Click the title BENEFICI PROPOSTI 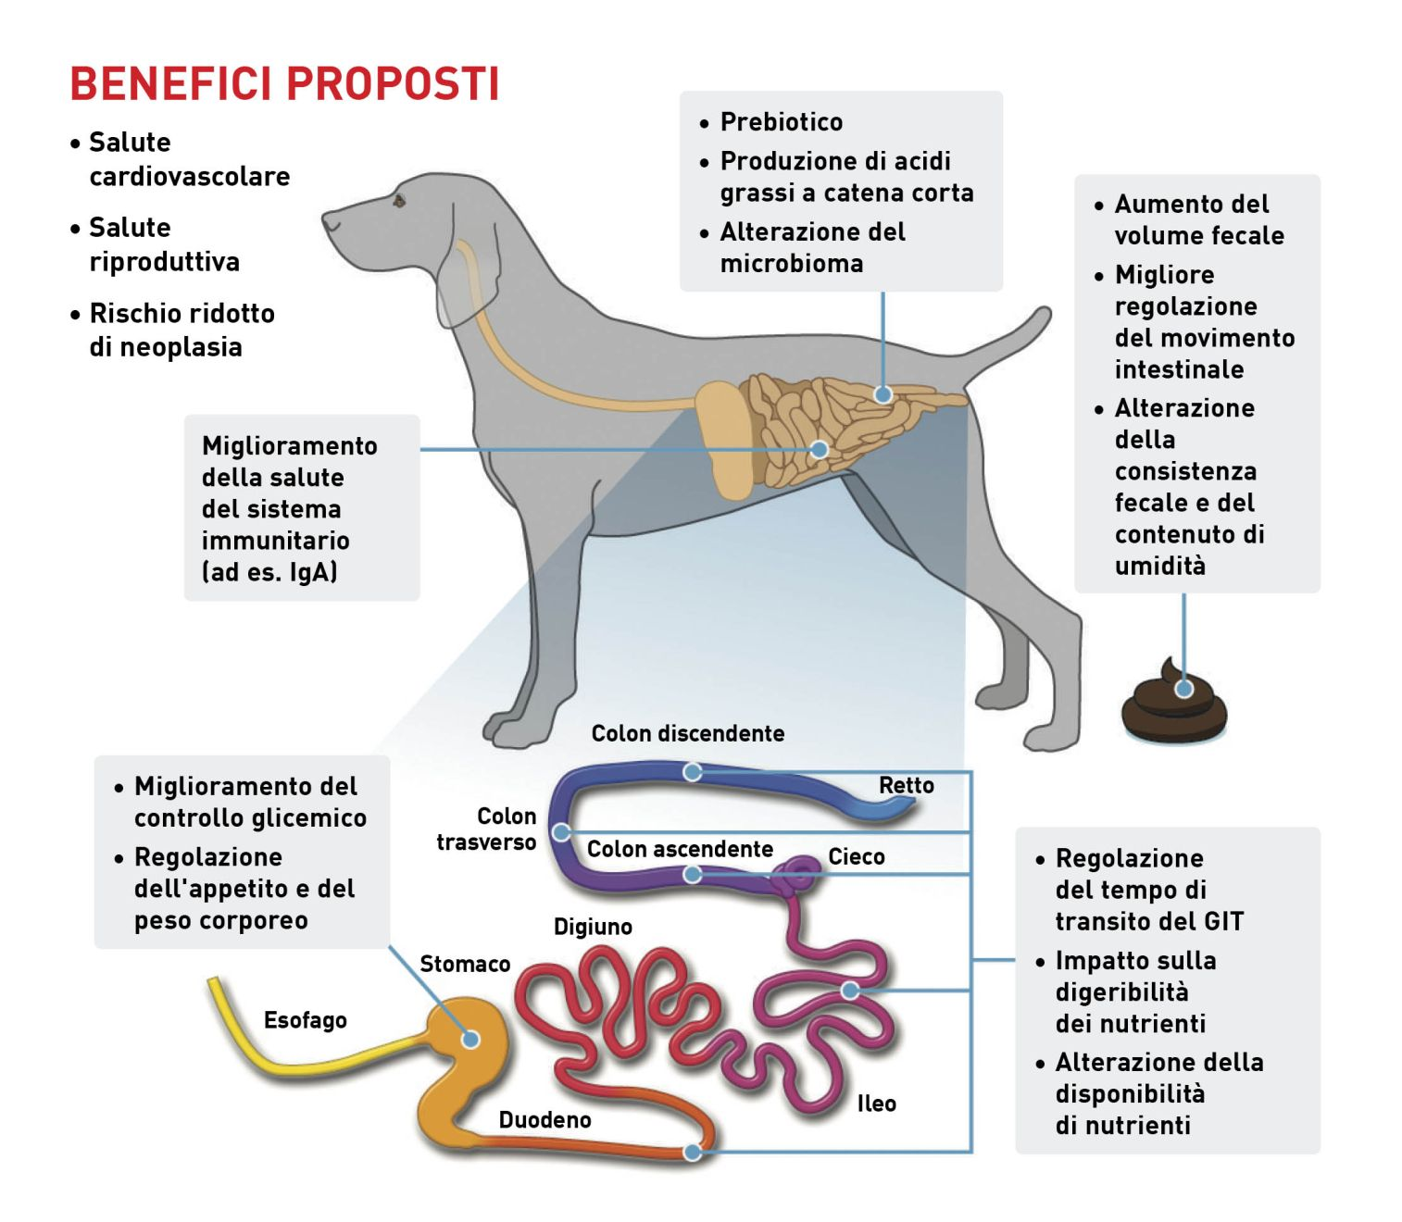click(284, 83)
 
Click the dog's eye click(399, 199)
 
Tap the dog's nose click(327, 220)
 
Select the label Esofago click(305, 1020)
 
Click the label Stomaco click(465, 964)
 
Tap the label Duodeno click(545, 1120)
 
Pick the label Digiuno click(593, 927)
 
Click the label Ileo click(876, 1104)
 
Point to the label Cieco click(856, 856)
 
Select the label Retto click(906, 785)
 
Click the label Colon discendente click(687, 733)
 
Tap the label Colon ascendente click(680, 849)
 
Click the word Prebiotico click(781, 122)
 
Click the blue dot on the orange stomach click(470, 1039)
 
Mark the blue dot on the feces click(1183, 689)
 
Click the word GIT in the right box click(1223, 921)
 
